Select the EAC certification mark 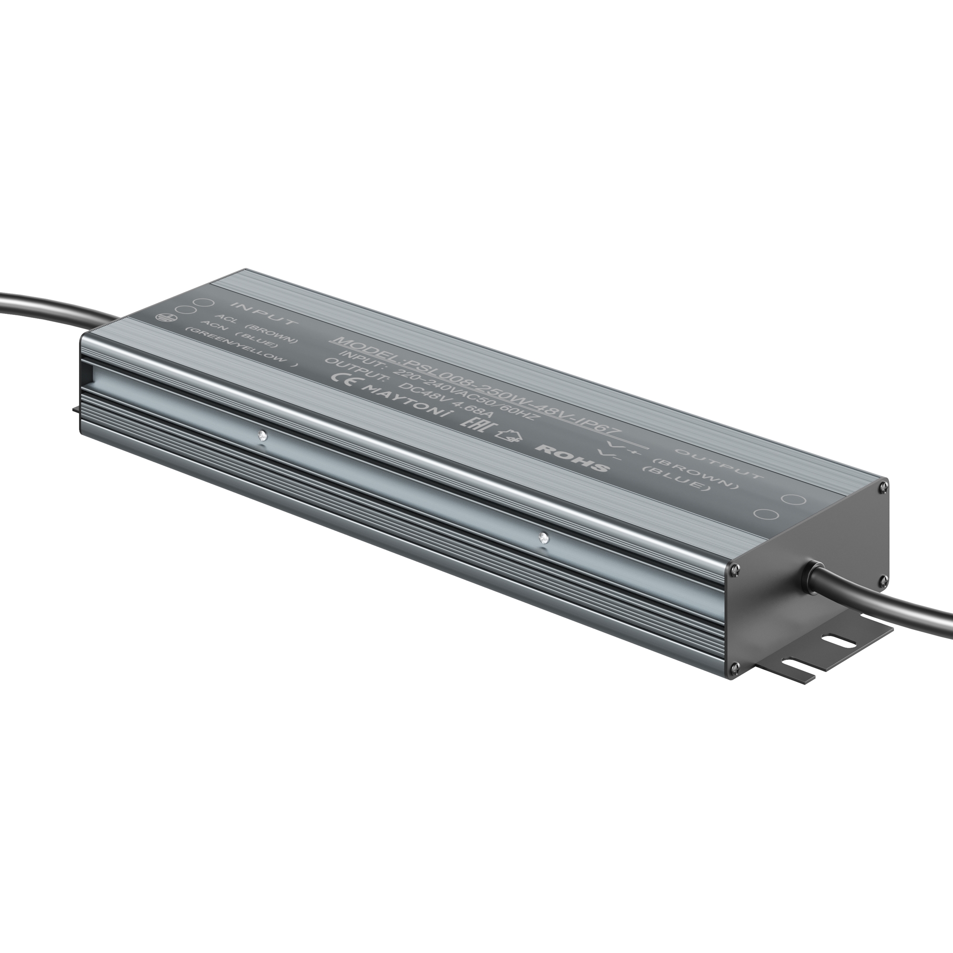tap(474, 425)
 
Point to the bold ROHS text tap(573, 457)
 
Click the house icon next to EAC tap(508, 436)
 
